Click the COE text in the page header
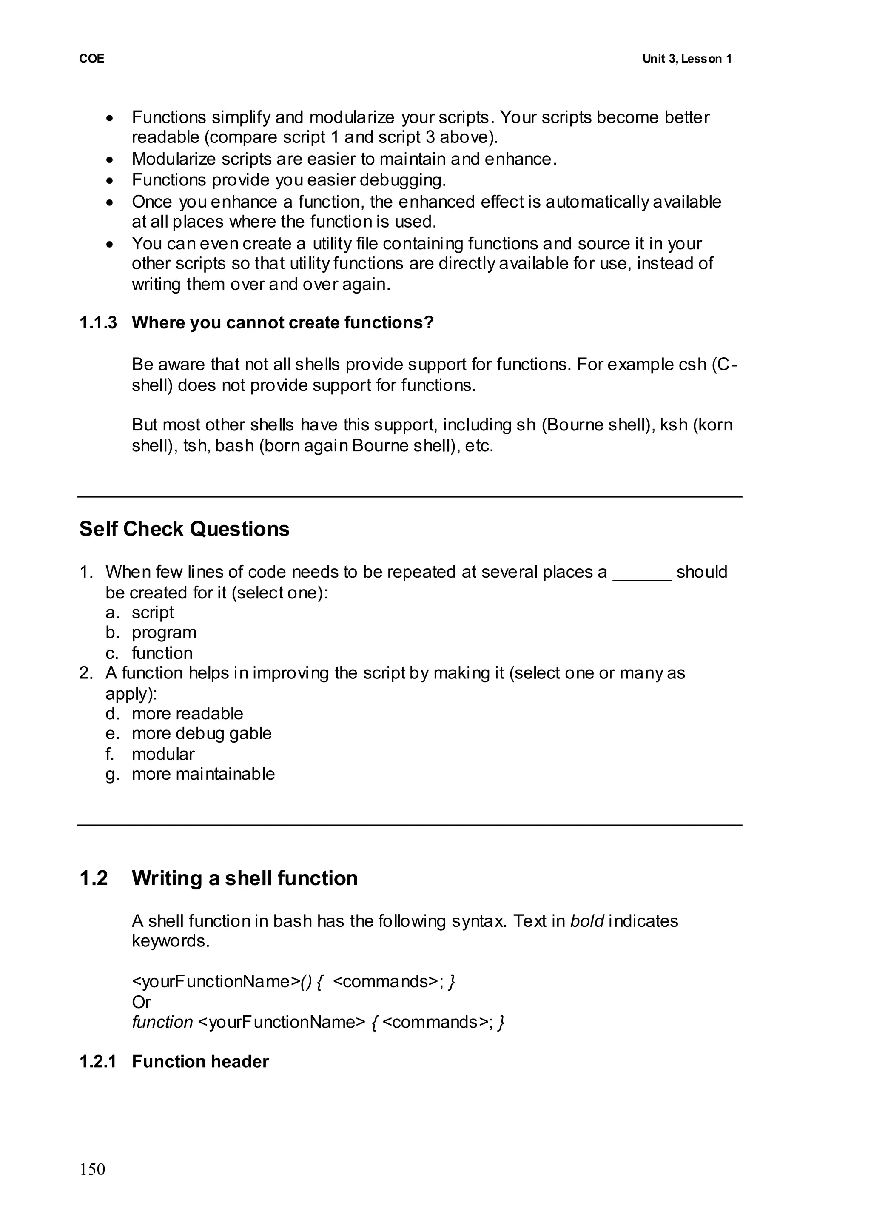92,59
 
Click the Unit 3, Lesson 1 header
686,59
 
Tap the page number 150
92,1169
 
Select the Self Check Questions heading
184,529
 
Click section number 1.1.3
98,322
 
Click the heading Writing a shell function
245,878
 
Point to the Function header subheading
200,1062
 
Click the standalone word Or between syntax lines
141,1002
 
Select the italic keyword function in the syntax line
162,1022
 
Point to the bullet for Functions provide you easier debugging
110,181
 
